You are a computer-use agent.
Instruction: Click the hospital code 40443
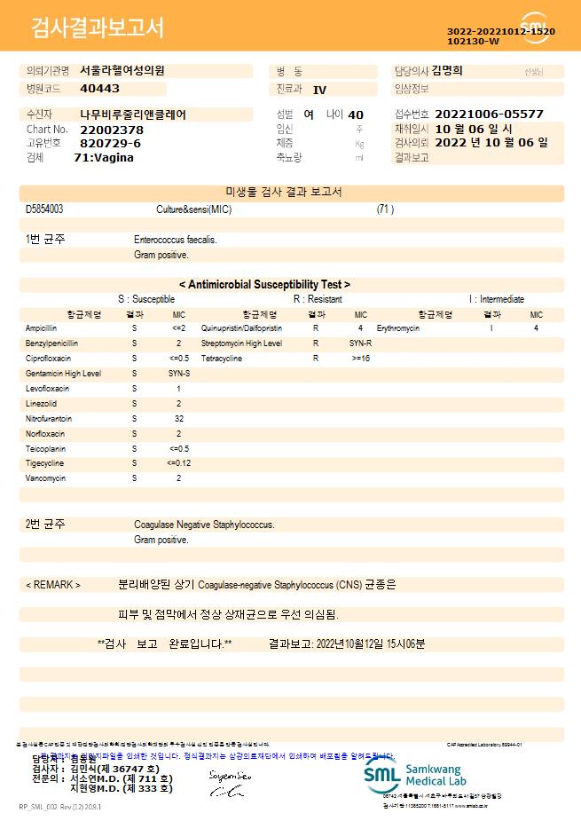click(x=99, y=89)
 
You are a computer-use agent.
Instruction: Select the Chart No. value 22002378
click(x=112, y=130)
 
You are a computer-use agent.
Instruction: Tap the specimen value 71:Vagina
click(x=104, y=157)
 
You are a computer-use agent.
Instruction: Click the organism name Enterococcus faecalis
click(x=176, y=240)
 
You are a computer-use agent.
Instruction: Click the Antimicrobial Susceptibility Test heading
click(x=264, y=284)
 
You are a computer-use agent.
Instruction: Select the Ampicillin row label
click(x=41, y=328)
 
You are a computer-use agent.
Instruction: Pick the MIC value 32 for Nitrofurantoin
click(x=178, y=418)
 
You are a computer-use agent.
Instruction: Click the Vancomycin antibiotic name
click(x=44, y=478)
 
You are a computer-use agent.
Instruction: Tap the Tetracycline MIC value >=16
click(x=361, y=359)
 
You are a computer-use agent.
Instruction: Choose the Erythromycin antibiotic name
click(x=398, y=328)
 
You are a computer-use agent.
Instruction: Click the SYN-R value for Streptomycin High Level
click(x=360, y=343)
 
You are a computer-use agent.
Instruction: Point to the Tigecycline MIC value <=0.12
click(x=178, y=463)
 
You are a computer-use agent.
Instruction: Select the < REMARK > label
click(x=53, y=585)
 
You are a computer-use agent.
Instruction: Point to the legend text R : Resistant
click(x=318, y=299)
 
